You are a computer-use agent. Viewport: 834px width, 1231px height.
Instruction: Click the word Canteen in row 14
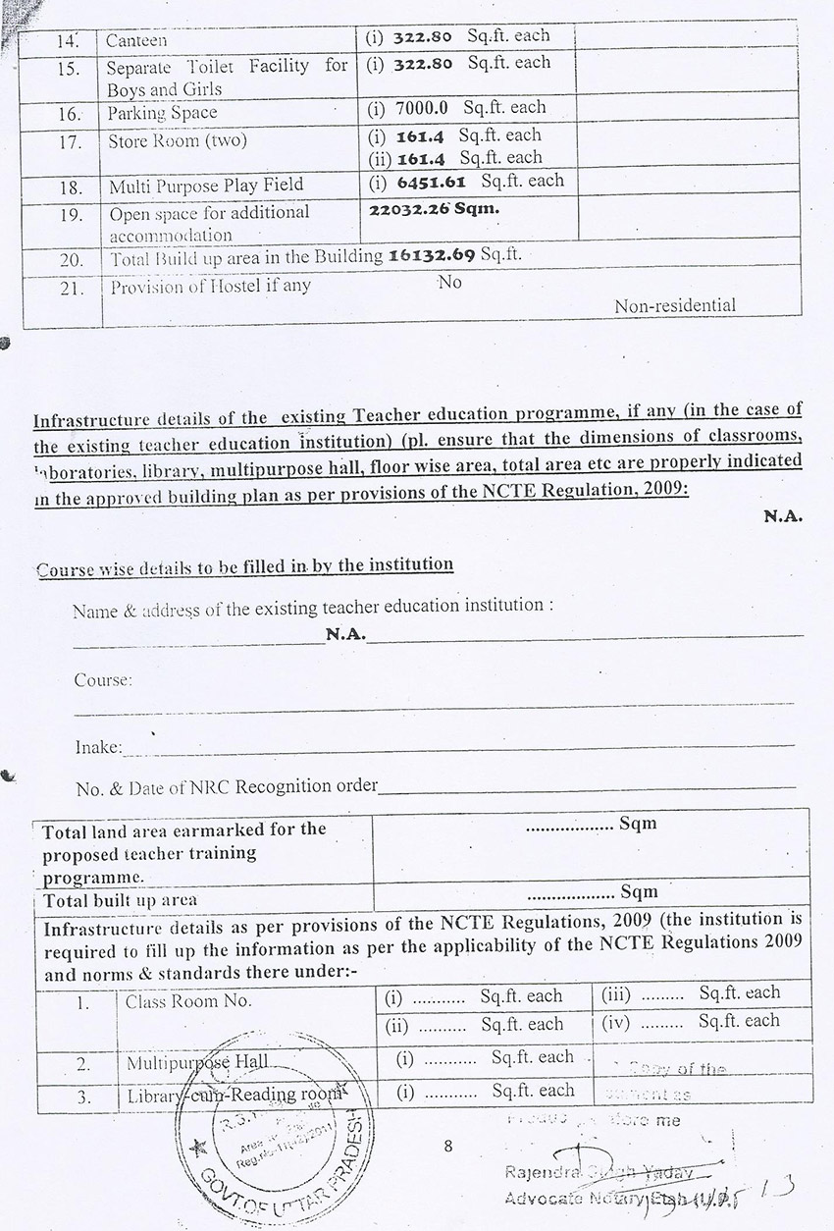pos(137,41)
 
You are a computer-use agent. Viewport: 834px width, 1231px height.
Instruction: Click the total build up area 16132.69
pos(432,255)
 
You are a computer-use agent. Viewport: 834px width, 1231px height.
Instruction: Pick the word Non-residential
pos(674,305)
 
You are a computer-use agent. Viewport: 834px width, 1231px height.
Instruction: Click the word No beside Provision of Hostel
pos(450,282)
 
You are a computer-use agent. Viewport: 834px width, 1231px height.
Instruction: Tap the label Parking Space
pos(162,114)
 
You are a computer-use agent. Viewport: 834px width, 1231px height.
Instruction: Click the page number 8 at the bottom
pos(448,1145)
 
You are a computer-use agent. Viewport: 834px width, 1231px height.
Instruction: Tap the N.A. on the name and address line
pos(345,635)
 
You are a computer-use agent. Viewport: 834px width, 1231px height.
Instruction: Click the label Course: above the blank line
pos(103,679)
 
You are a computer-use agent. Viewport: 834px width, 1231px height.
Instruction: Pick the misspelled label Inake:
pos(98,748)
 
